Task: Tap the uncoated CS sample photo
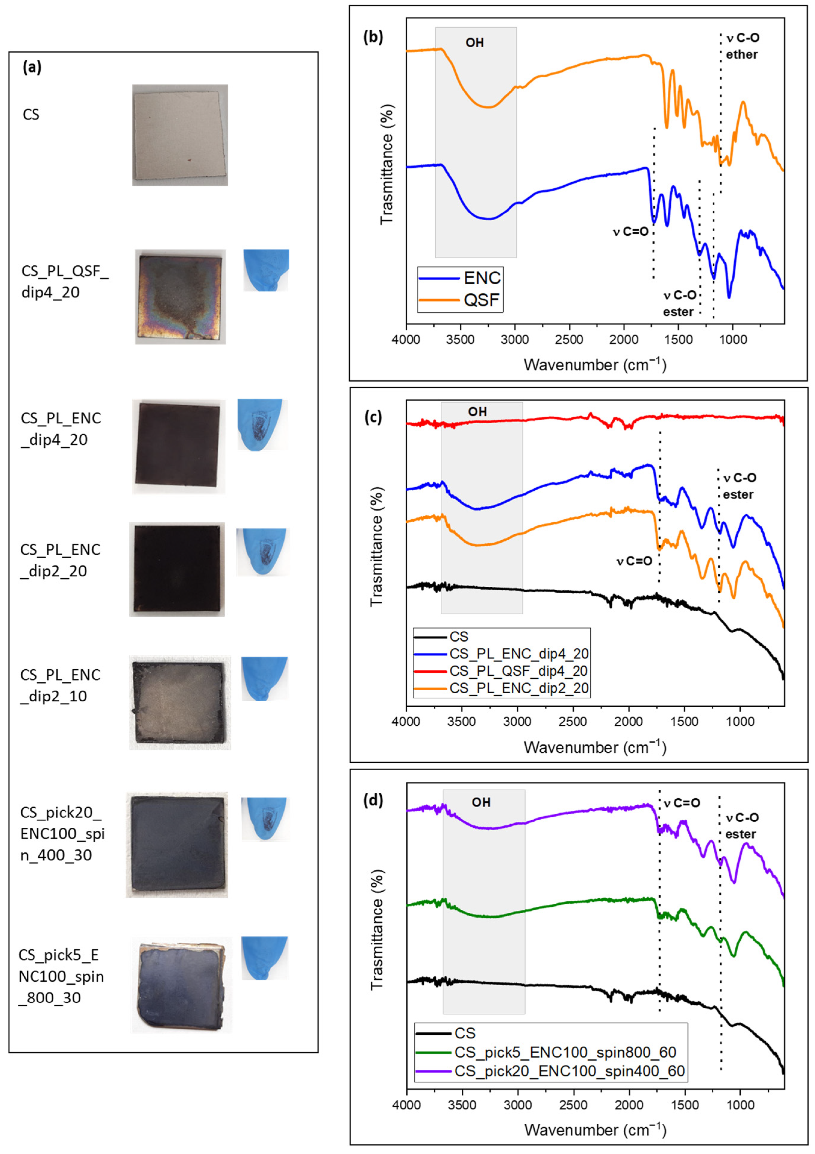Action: (x=180, y=135)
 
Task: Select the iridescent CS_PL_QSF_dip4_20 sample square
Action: (x=180, y=297)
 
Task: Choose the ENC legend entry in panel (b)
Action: (x=481, y=278)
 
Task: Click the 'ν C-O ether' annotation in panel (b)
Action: (x=742, y=46)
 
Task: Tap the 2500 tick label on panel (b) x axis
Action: (x=569, y=340)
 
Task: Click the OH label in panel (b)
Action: (x=475, y=43)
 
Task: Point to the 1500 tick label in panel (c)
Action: (x=684, y=722)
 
